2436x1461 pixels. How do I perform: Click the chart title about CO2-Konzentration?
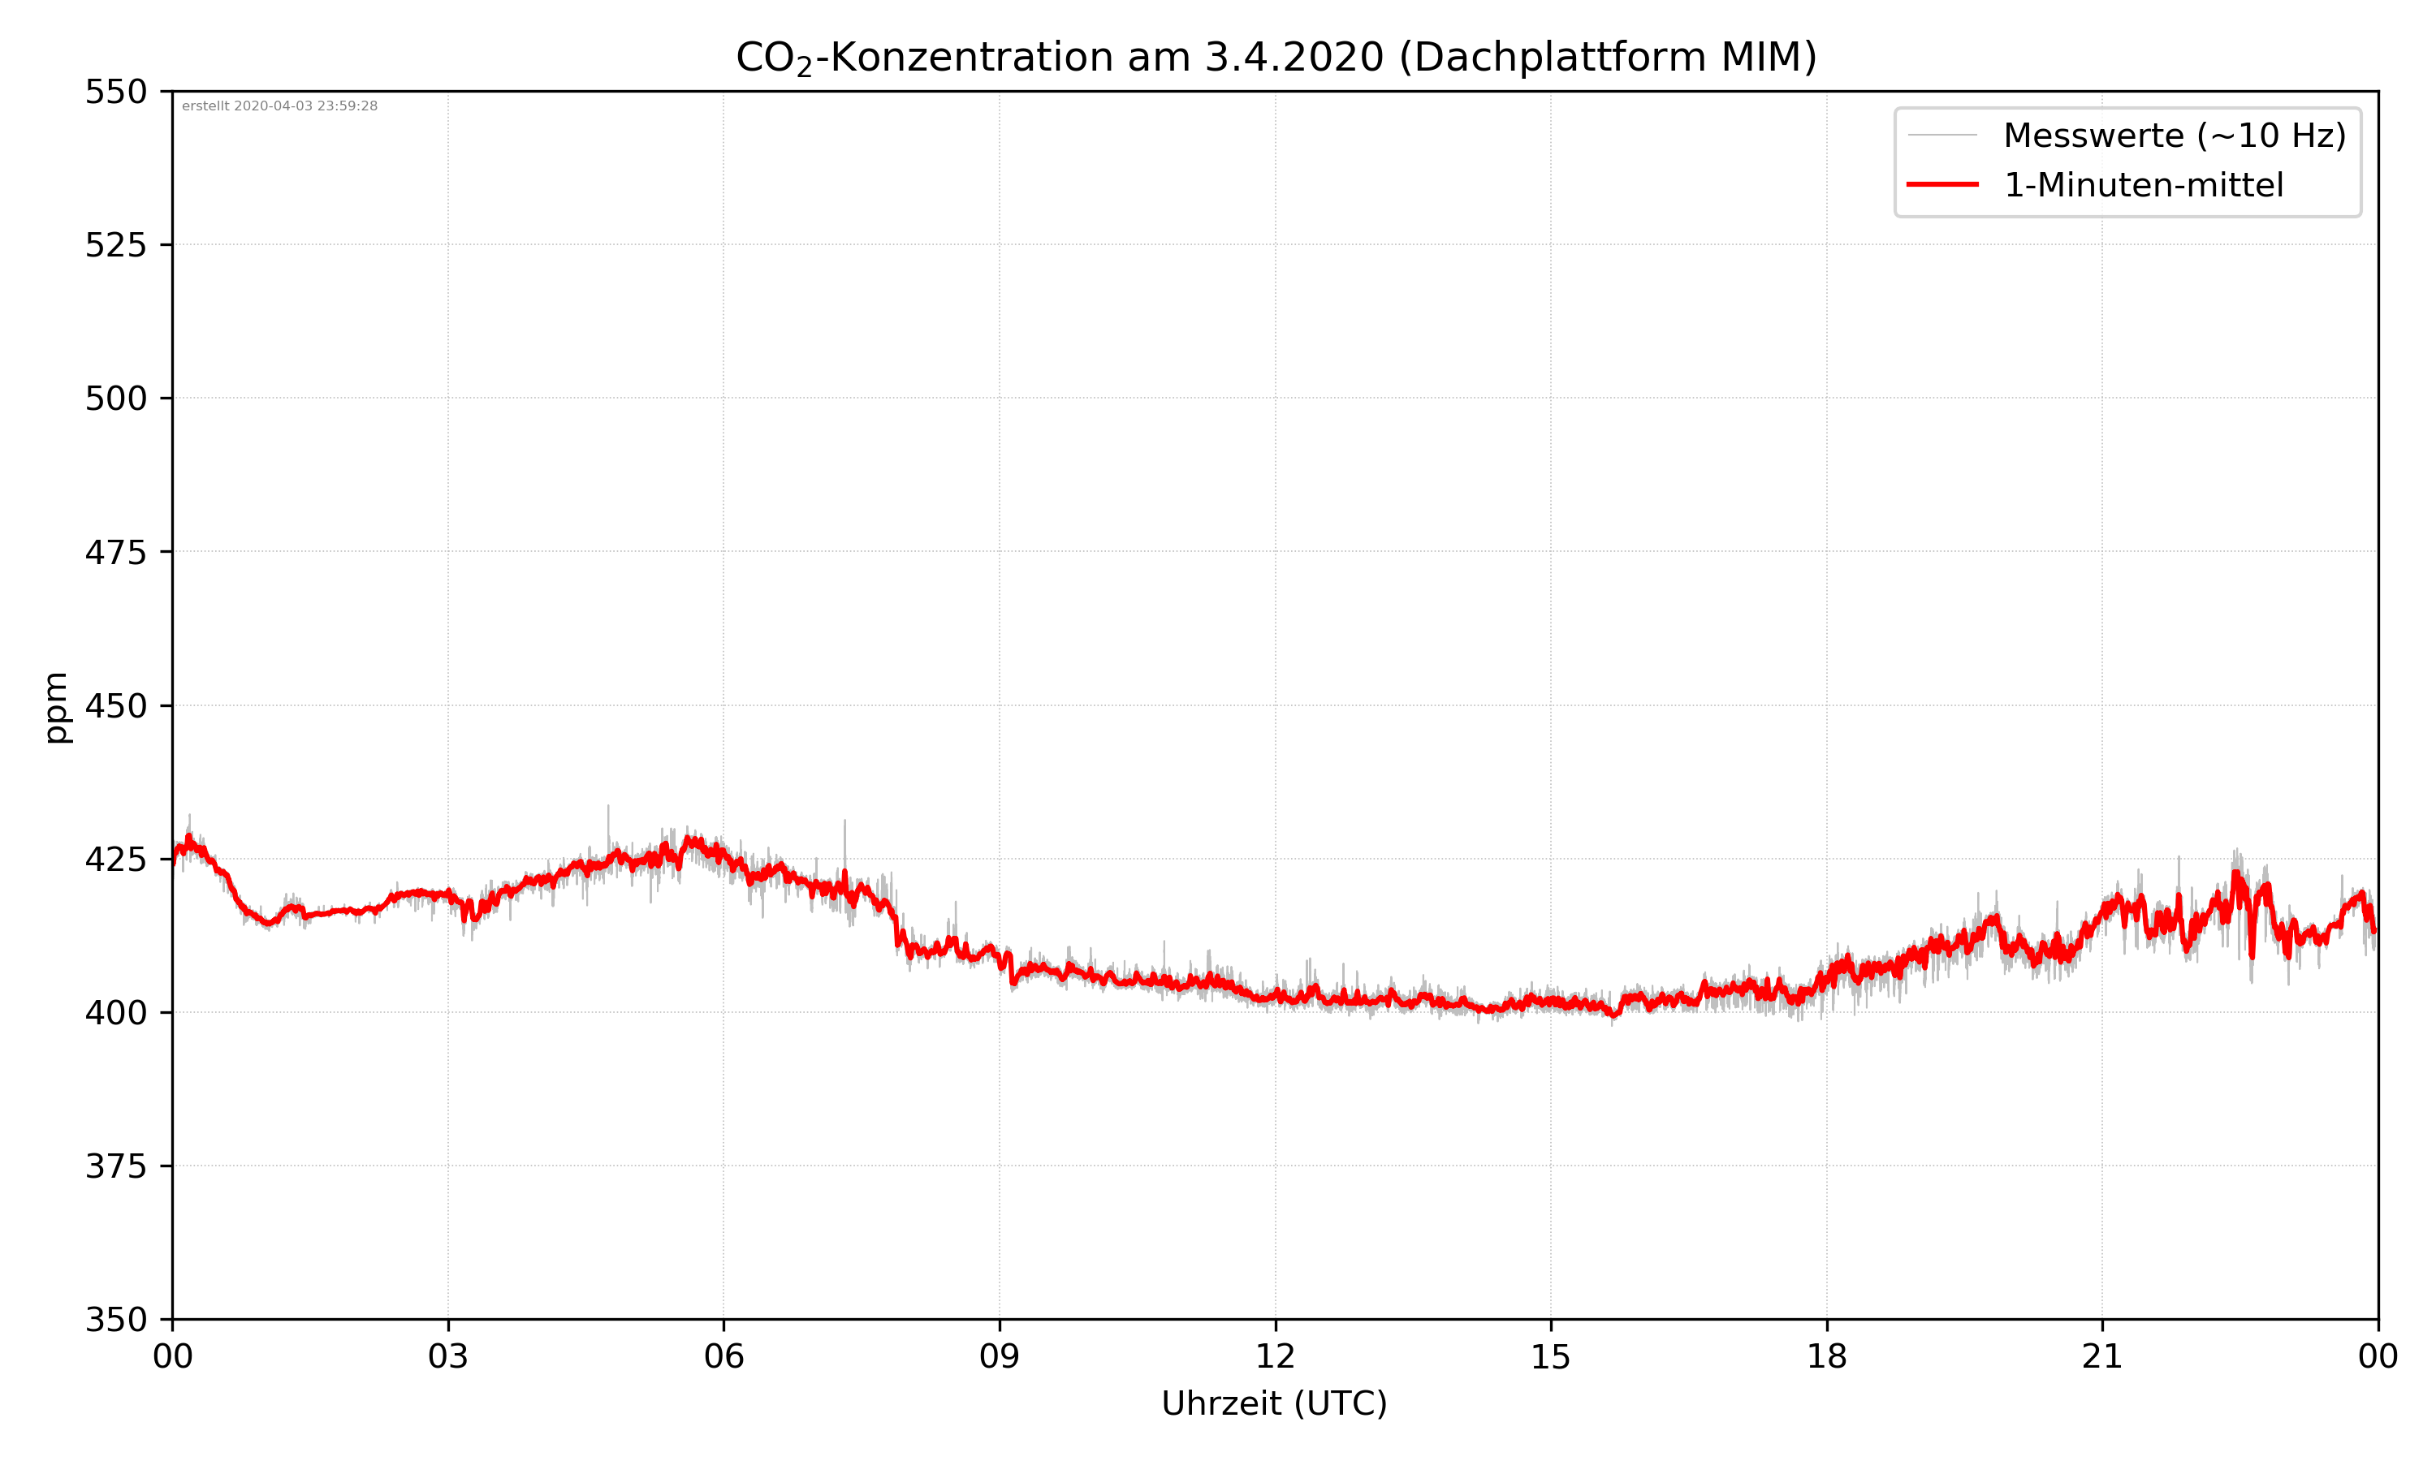coord(1275,57)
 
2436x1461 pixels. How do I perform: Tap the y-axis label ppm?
coord(56,707)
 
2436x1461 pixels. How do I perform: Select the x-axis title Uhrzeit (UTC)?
coord(1274,1403)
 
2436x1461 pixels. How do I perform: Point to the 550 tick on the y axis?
coord(115,93)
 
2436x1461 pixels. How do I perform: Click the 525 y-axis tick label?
coord(115,245)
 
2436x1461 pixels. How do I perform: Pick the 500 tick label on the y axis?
coord(115,399)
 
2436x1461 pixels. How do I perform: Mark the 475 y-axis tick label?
coord(115,552)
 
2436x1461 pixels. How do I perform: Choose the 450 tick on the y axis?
coord(115,706)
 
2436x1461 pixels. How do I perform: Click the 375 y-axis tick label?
coord(115,1166)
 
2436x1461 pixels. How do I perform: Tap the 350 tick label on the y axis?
coord(115,1321)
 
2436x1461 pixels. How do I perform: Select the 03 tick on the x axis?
coord(448,1356)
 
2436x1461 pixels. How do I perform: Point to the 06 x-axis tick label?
coord(723,1356)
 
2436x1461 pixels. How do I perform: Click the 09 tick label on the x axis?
coord(1000,1356)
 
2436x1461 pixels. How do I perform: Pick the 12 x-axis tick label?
coord(1275,1356)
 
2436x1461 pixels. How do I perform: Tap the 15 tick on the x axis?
coord(1551,1356)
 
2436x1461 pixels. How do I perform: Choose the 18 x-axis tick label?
coord(1826,1356)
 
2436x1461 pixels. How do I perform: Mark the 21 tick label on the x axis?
coord(2102,1356)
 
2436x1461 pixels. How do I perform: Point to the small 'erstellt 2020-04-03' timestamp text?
coord(279,106)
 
